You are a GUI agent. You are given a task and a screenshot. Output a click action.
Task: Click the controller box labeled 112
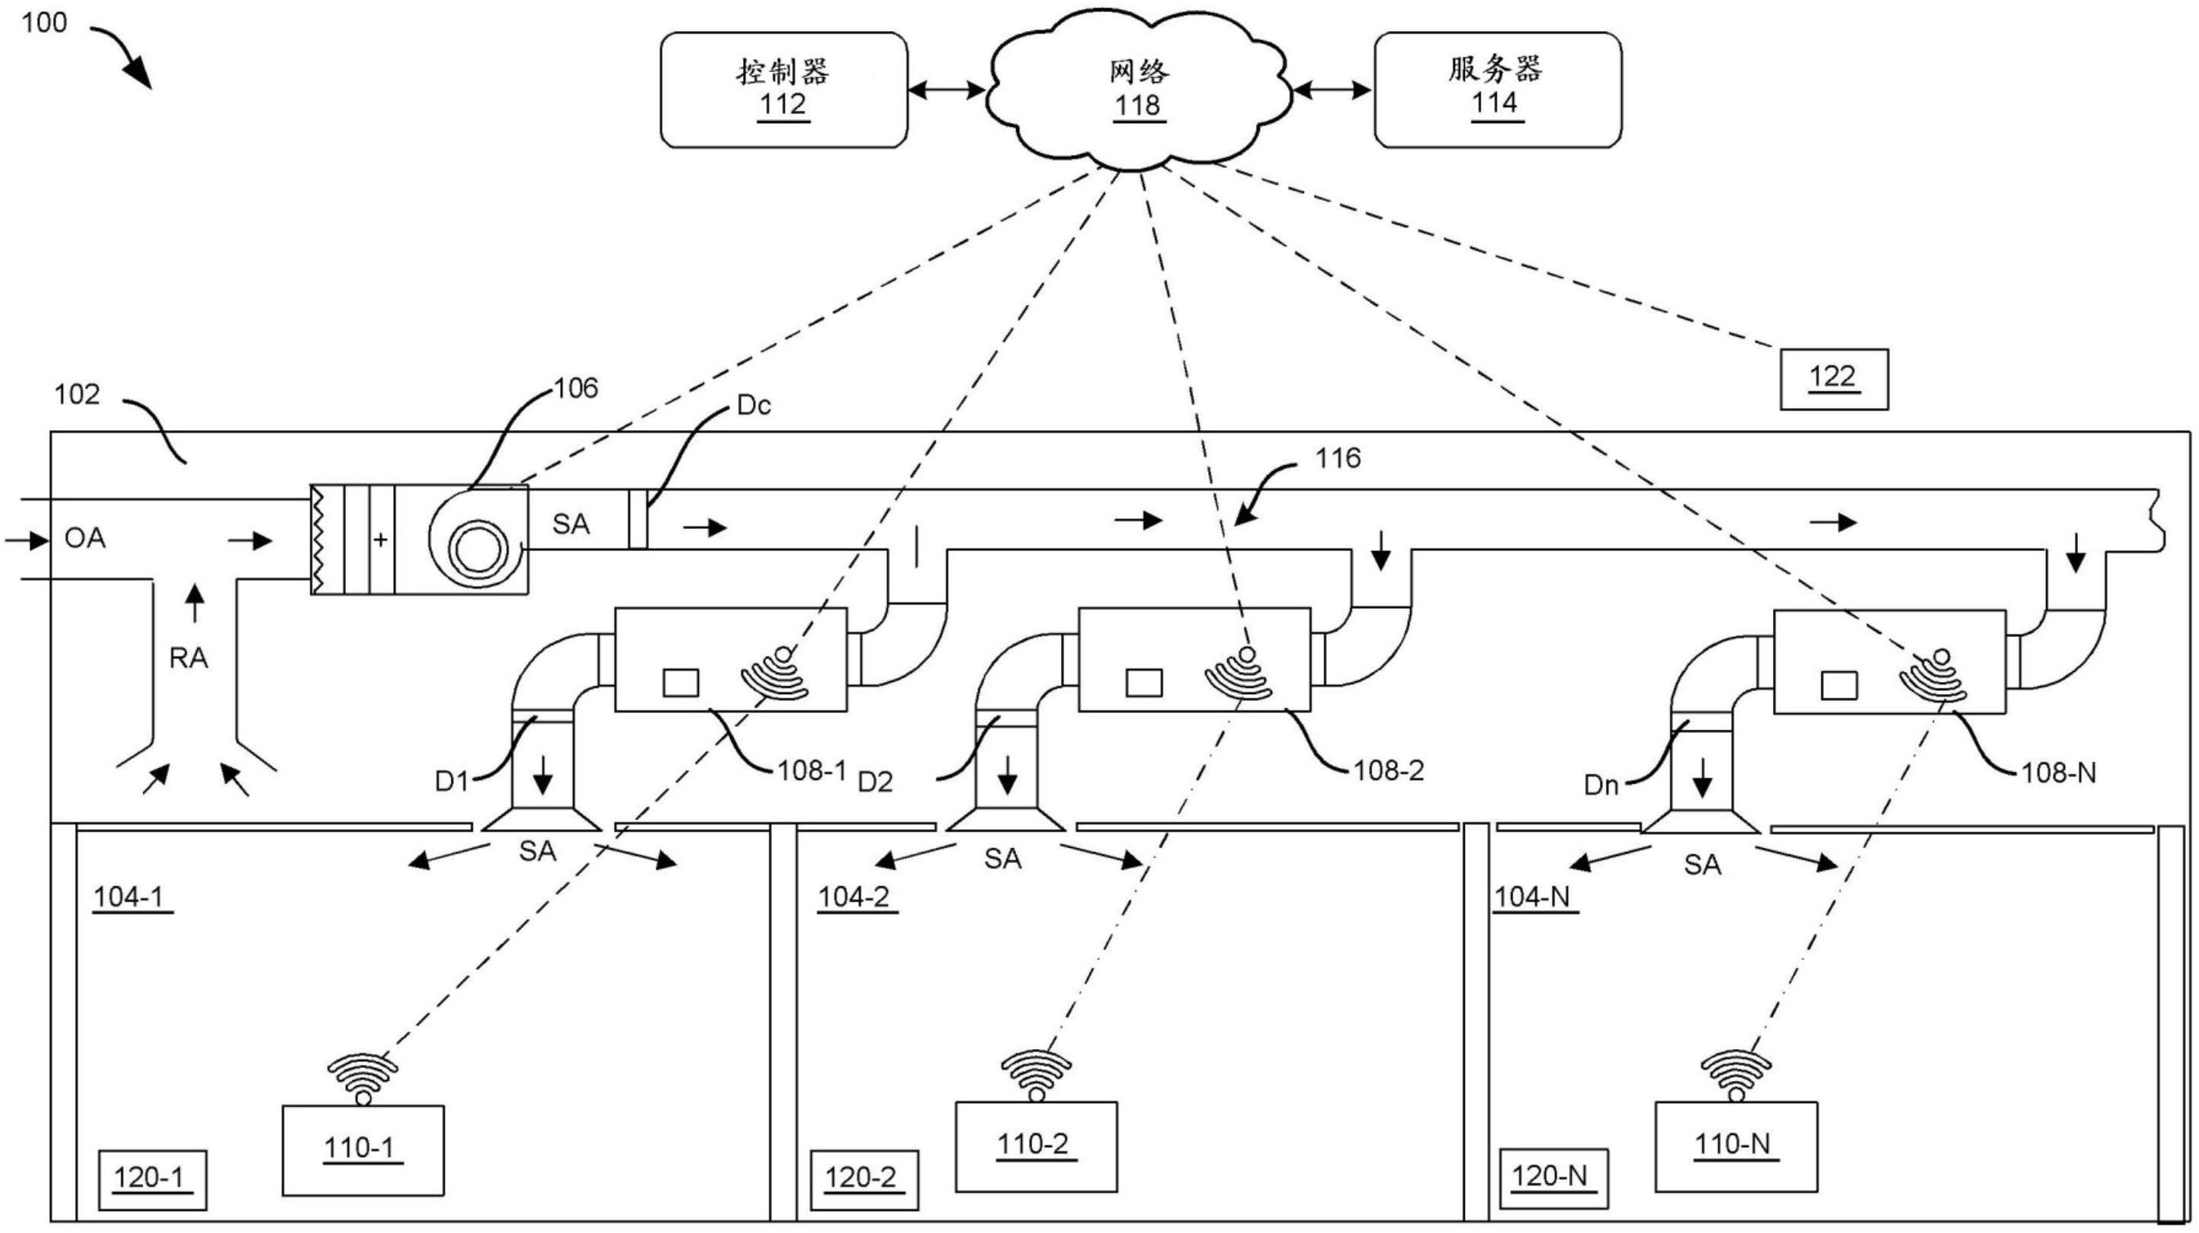(784, 90)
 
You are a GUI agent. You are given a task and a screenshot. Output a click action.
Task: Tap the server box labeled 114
(1497, 90)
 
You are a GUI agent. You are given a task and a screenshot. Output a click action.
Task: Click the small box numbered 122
(1833, 379)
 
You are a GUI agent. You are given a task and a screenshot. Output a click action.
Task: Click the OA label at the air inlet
(84, 539)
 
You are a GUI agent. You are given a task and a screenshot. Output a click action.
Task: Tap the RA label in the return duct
(189, 658)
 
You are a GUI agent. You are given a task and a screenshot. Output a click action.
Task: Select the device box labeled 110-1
(363, 1150)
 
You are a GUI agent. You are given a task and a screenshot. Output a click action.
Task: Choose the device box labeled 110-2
(1035, 1146)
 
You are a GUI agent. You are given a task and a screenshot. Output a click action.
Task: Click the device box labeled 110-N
(1735, 1146)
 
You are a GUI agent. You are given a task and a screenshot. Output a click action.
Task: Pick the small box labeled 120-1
(151, 1179)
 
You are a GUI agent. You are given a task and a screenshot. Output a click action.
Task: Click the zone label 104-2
(854, 897)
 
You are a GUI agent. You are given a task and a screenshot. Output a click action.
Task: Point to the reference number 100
(43, 22)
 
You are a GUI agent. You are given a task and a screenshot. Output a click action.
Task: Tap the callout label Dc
(753, 406)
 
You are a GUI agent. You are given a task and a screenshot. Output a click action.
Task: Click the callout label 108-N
(2058, 773)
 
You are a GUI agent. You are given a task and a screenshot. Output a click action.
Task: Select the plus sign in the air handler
(381, 540)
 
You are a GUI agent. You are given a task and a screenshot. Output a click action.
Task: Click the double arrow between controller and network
(946, 90)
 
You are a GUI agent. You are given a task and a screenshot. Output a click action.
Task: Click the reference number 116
(1337, 460)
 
